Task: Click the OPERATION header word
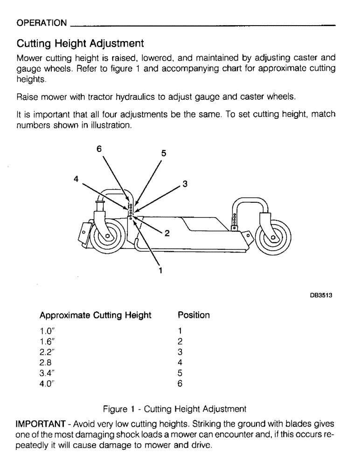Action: [x=42, y=23]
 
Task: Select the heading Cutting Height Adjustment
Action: [x=80, y=44]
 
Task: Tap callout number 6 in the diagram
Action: [x=99, y=149]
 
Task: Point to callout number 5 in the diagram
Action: [x=164, y=153]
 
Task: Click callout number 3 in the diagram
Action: [x=185, y=184]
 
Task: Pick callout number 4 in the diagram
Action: [x=76, y=178]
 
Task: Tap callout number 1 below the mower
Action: [x=160, y=269]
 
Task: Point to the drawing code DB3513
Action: [x=321, y=295]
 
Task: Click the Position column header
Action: [x=194, y=315]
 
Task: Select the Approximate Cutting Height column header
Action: [x=96, y=315]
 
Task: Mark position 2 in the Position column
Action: [x=180, y=342]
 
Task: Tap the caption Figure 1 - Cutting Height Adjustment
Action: [x=174, y=409]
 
